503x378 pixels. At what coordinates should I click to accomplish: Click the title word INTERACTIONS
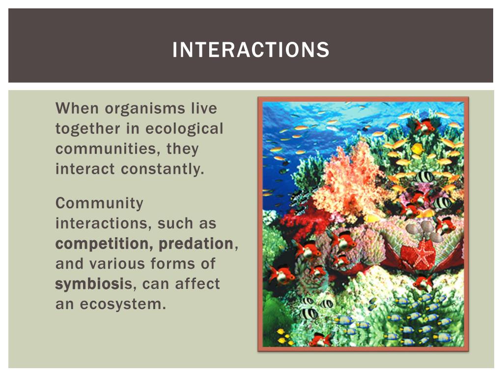coord(251,50)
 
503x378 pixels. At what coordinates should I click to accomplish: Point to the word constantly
coord(162,169)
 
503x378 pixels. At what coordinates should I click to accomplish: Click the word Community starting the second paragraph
coord(100,203)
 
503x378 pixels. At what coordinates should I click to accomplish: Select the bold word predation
coord(196,244)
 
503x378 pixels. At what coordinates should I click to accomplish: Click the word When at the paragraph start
coord(76,108)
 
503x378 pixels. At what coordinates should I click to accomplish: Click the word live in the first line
coord(203,108)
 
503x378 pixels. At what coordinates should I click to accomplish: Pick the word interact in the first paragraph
coord(86,169)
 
